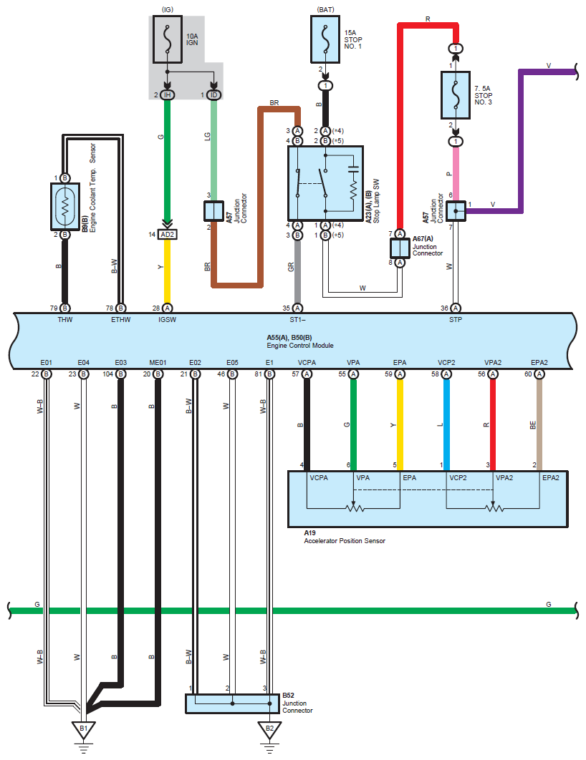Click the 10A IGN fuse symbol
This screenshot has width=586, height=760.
click(168, 39)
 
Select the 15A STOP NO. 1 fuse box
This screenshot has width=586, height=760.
click(325, 39)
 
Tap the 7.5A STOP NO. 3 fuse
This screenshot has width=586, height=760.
click(456, 95)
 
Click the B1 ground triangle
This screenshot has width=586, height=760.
click(83, 729)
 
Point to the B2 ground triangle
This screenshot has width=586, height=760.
click(269, 729)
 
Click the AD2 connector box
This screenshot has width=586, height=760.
click(168, 235)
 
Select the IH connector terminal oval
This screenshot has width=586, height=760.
click(168, 95)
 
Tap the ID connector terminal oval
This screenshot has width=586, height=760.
click(214, 95)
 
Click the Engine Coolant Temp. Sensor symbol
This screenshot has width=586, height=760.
click(65, 207)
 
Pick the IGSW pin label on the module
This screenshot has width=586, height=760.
click(168, 320)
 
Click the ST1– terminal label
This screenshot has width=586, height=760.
click(298, 320)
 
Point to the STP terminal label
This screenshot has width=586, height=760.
click(456, 320)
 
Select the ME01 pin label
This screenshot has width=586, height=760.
click(158, 363)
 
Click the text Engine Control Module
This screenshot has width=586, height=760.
click(299, 346)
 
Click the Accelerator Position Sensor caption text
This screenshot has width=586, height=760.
click(345, 541)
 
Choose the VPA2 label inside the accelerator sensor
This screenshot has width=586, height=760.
click(504, 478)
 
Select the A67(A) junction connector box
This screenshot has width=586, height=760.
click(400, 248)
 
